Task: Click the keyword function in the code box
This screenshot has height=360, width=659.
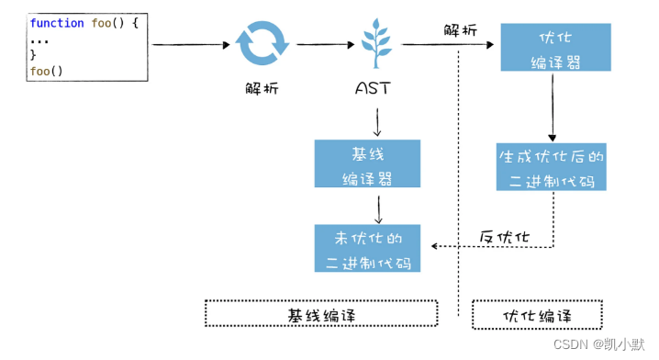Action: [x=58, y=21]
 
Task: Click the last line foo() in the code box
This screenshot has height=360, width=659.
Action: [x=47, y=69]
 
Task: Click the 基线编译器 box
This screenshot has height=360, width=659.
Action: [x=367, y=163]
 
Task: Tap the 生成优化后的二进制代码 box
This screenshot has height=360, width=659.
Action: [x=552, y=166]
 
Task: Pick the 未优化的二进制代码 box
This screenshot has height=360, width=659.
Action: [x=367, y=248]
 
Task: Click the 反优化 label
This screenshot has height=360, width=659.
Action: [x=505, y=237]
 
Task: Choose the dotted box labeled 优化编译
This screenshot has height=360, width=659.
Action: [x=537, y=314]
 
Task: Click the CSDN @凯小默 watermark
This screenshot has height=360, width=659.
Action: [x=601, y=345]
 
